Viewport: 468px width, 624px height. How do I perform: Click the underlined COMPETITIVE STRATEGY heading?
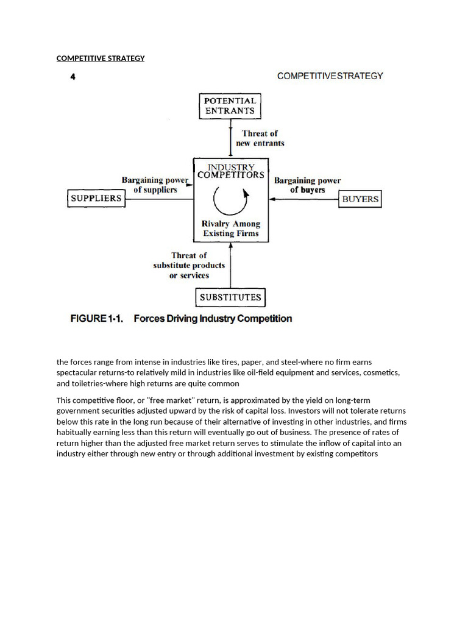(x=101, y=58)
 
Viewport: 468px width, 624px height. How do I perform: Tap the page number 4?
(x=73, y=77)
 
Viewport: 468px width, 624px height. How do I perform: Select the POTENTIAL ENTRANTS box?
(x=230, y=106)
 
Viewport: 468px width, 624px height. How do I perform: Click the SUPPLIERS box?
(x=96, y=198)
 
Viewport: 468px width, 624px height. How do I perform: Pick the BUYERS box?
(x=360, y=199)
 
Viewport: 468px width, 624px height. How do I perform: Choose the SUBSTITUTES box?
(x=230, y=297)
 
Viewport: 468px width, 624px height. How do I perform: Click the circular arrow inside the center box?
(x=231, y=200)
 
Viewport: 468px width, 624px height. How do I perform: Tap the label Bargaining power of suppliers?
(x=155, y=185)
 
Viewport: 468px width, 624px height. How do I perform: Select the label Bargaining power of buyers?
(x=307, y=185)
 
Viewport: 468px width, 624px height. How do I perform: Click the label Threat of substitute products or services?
(x=189, y=265)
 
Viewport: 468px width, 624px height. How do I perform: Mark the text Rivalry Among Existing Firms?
(x=230, y=229)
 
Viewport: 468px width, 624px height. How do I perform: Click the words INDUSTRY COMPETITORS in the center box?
(x=230, y=171)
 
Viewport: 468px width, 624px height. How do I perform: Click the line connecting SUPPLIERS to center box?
(x=159, y=199)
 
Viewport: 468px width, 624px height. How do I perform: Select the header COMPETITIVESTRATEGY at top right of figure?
(x=330, y=76)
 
